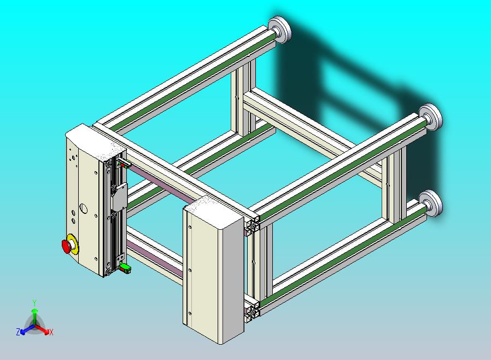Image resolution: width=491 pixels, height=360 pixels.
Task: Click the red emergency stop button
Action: [x=67, y=247]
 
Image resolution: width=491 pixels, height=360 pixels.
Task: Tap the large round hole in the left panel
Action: [x=83, y=208]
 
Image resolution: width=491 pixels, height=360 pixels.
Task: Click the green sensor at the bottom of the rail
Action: [x=126, y=267]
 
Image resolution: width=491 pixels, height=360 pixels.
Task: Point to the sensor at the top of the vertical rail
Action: [x=122, y=163]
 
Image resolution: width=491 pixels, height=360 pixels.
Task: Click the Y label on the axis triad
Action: [x=34, y=303]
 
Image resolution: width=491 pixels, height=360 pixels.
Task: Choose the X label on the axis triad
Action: [x=51, y=332]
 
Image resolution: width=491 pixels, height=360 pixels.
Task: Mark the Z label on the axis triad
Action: [x=18, y=332]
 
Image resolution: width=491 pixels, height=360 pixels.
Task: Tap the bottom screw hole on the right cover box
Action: [x=190, y=313]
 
